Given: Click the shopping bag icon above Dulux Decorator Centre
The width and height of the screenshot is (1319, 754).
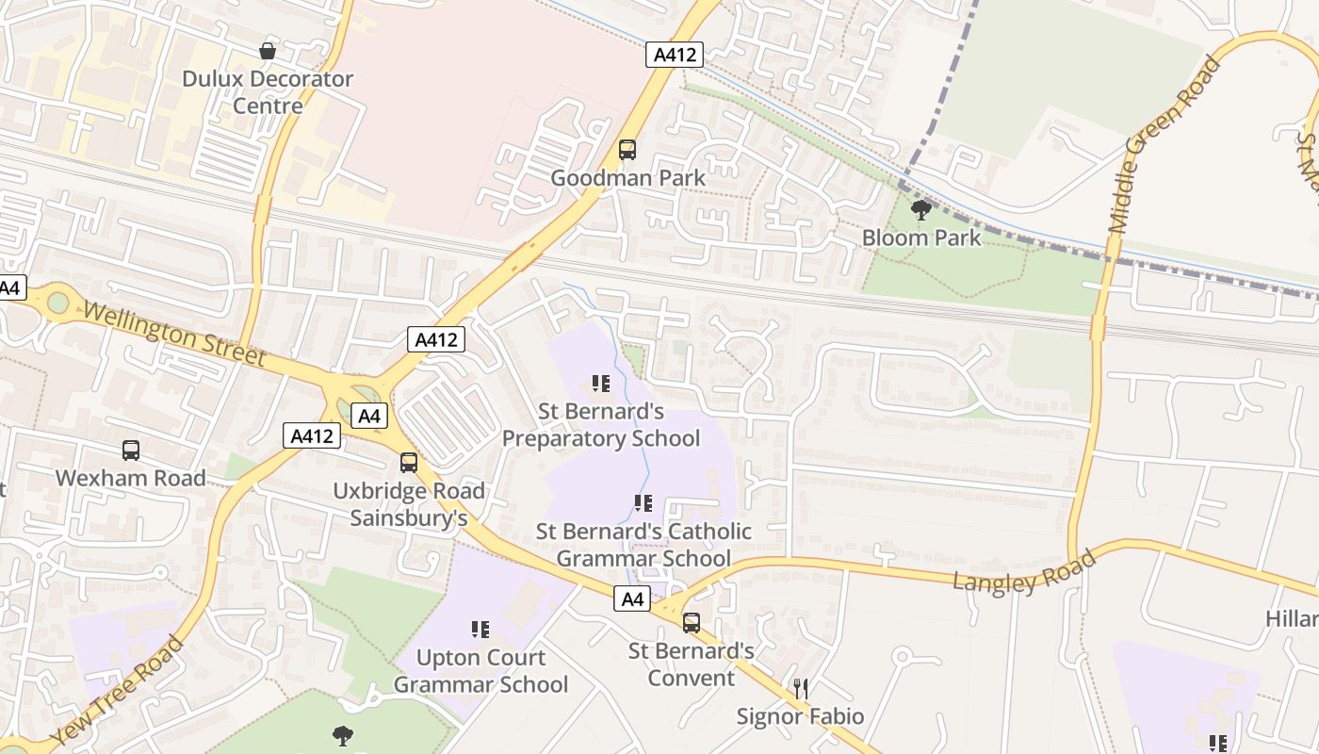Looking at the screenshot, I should [x=268, y=51].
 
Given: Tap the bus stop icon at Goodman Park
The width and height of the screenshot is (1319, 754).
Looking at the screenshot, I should [x=627, y=150].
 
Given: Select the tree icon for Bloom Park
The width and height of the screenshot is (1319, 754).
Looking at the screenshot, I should [x=921, y=210].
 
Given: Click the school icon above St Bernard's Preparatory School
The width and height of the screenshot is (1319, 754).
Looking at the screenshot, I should [x=601, y=384].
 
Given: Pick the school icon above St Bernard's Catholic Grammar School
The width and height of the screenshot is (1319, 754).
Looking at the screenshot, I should [x=643, y=503].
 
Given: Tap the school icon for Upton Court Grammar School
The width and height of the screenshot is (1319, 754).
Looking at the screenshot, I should [x=480, y=629].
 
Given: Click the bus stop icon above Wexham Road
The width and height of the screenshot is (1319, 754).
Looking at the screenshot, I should [x=131, y=451].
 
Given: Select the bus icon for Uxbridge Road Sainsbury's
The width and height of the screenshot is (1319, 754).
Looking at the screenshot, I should [x=409, y=463].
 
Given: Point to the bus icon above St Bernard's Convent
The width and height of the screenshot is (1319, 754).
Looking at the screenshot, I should [x=692, y=622].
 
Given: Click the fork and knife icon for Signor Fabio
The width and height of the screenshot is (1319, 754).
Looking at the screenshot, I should [x=801, y=689].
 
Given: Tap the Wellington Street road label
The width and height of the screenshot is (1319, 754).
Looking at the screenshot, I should [x=173, y=334].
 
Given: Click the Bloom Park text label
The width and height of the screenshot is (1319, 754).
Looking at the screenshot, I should [x=921, y=238].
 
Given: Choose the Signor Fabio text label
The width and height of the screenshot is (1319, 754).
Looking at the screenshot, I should [x=801, y=717].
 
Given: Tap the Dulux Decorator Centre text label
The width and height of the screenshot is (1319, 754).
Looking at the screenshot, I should [x=268, y=91].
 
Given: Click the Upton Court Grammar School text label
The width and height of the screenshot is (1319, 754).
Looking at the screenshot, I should [x=480, y=670].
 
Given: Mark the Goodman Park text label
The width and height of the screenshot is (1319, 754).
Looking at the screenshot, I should [x=627, y=177].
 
